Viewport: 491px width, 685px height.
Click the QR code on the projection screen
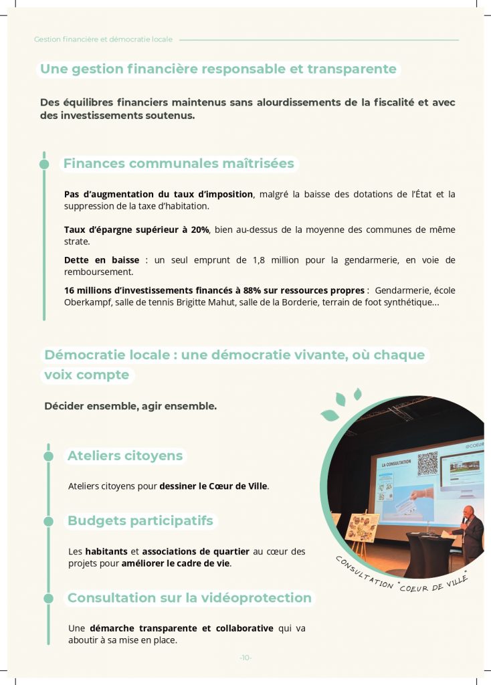coord(427,464)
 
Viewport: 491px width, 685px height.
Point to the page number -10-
coord(246,658)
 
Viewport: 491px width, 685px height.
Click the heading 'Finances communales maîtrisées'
coord(178,164)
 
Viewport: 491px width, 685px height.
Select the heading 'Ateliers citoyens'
coord(125,456)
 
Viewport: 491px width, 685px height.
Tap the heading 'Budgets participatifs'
coord(140,520)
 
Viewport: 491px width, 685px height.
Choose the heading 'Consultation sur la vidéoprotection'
coord(189,598)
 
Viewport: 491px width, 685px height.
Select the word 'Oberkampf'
coord(86,302)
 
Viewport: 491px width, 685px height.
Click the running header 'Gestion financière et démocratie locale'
coord(103,39)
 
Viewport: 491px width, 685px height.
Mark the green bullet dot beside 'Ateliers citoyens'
coord(48,456)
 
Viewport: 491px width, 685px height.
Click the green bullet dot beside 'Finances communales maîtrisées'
coord(44,164)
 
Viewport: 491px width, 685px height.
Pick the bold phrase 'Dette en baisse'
coord(102,260)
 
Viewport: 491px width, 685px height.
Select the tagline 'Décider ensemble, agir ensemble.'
coord(130,406)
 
